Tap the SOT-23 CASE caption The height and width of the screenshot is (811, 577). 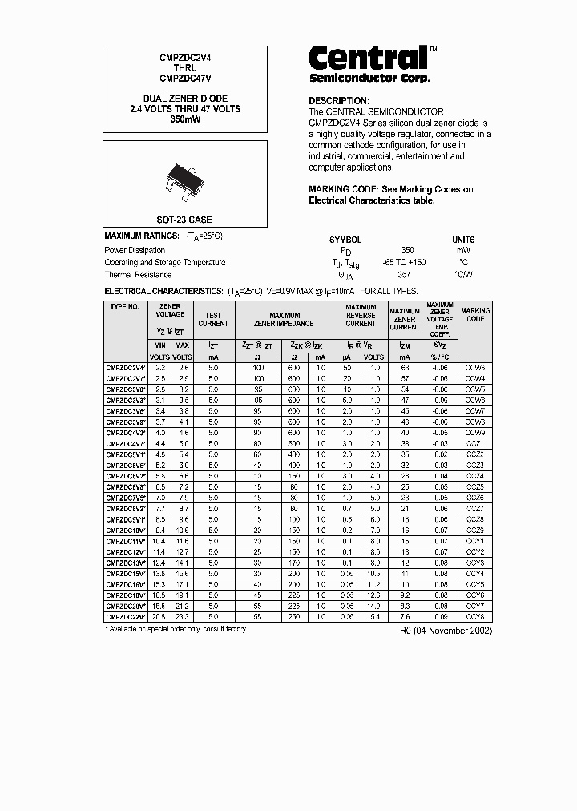pyautogui.click(x=184, y=219)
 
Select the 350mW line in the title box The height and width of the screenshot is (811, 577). pyautogui.click(x=184, y=119)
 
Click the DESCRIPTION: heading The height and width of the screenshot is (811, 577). pyautogui.click(x=338, y=100)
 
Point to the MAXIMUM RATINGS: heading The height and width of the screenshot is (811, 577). pyautogui.click(x=142, y=237)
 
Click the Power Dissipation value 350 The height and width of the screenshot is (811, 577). pyautogui.click(x=407, y=250)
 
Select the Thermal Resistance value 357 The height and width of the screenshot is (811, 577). pyautogui.click(x=407, y=274)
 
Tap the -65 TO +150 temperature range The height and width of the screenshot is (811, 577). pyautogui.click(x=405, y=262)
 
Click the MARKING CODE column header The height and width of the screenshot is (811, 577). pyautogui.click(x=475, y=314)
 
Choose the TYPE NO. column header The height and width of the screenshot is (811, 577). pyautogui.click(x=125, y=307)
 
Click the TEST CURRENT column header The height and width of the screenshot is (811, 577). pyautogui.click(x=213, y=319)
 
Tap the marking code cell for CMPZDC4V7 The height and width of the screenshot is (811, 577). pyautogui.click(x=475, y=443)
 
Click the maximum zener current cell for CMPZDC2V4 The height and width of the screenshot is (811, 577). pyautogui.click(x=405, y=367)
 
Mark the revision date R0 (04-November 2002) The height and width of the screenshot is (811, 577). pyautogui.click(x=446, y=631)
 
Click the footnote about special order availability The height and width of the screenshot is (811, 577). pyautogui.click(x=176, y=629)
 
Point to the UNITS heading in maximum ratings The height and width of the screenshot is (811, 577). pyautogui.click(x=463, y=240)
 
